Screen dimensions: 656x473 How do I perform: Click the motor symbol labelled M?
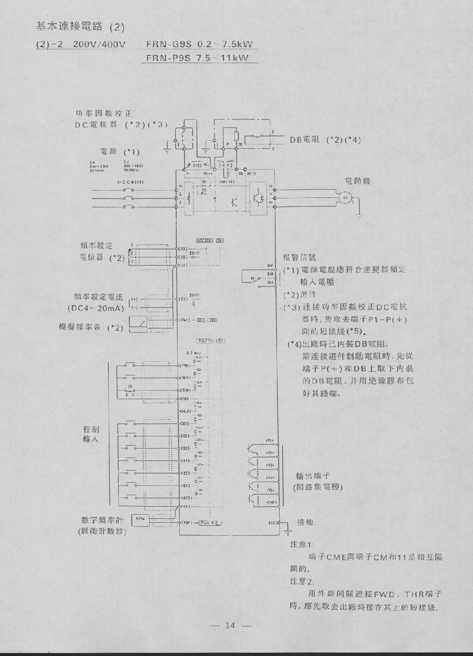[347, 196]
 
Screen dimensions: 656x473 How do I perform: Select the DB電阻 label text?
[306, 140]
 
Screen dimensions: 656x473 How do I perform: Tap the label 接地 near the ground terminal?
[305, 522]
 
